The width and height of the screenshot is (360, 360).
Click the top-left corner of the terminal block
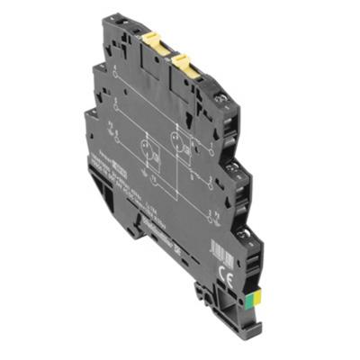105,18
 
